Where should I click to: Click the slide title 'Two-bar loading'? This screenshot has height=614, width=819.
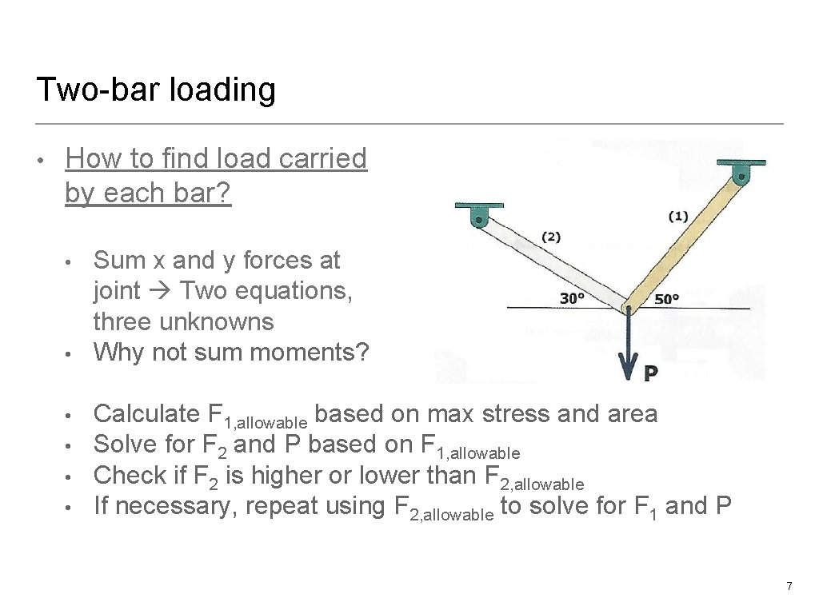coord(156,90)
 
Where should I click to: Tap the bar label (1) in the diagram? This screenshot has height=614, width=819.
coord(678,216)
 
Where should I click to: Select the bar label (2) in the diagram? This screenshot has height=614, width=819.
coord(551,237)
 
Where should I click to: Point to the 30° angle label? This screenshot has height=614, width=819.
coord(572,298)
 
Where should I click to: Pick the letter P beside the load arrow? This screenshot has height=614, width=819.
coord(651,373)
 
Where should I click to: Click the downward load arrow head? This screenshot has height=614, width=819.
coord(628,369)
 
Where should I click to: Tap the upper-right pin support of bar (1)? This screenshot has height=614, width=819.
coord(741,173)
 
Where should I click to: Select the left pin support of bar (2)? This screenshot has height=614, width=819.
coord(479,215)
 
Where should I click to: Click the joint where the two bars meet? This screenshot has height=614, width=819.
coord(628,308)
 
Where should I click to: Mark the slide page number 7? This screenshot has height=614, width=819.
coord(789,587)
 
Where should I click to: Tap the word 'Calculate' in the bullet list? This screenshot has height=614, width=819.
coord(146,414)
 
